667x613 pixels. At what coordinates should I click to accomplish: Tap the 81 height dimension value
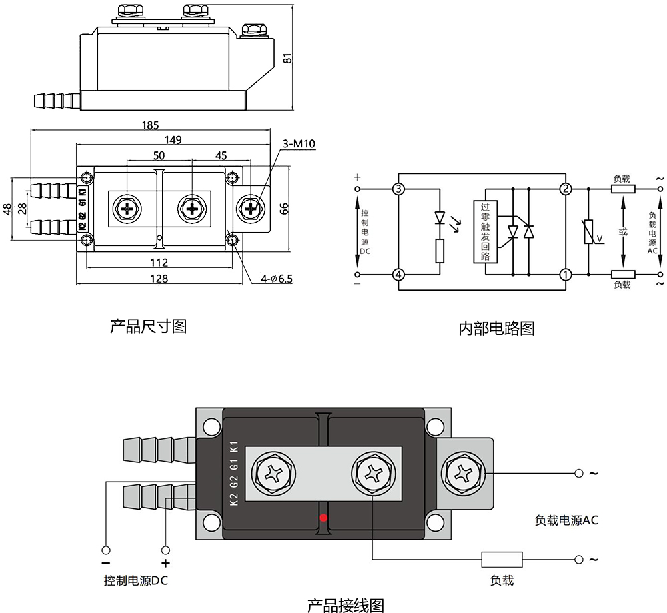point(287,58)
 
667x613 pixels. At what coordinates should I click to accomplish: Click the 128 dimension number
point(159,278)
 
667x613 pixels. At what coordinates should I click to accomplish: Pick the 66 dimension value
point(285,209)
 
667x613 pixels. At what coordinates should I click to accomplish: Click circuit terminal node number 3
point(398,189)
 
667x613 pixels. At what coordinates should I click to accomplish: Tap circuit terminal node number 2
point(565,189)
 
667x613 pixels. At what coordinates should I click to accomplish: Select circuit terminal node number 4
point(398,274)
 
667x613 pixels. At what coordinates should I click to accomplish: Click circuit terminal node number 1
point(565,274)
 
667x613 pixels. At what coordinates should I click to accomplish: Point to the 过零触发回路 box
point(485,231)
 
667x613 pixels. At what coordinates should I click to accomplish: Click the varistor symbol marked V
point(590,232)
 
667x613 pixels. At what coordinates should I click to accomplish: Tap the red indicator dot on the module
point(323,518)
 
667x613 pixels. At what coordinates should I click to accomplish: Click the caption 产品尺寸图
point(148,326)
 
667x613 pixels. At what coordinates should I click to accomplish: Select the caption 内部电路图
point(496,328)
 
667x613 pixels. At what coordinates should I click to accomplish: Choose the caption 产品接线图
point(346,606)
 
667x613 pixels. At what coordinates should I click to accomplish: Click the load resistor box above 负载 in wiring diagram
point(502,560)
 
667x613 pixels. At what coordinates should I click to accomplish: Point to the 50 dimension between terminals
point(159,155)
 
